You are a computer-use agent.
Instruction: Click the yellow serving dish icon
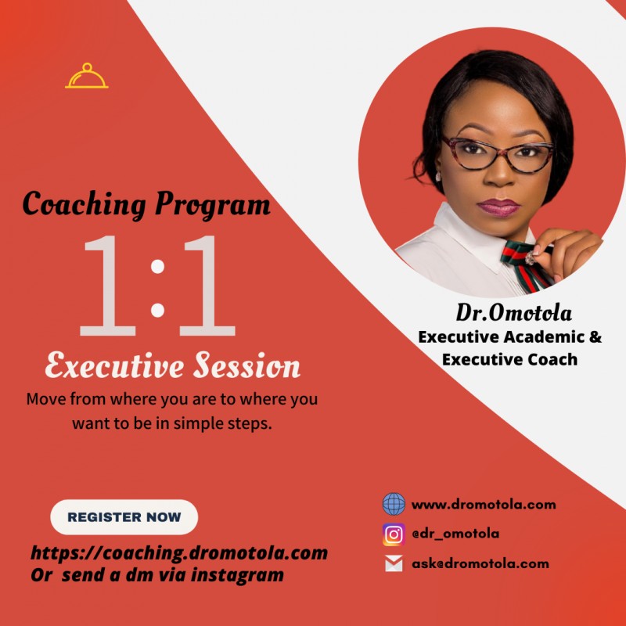click(87, 76)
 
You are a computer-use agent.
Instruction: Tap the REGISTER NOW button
click(124, 517)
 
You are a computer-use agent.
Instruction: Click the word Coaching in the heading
click(85, 204)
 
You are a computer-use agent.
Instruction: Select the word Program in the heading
click(213, 206)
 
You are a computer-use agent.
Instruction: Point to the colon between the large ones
click(157, 287)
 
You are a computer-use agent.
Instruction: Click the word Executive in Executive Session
click(114, 366)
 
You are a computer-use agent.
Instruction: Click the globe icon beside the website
click(394, 504)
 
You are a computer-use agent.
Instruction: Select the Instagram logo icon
click(394, 534)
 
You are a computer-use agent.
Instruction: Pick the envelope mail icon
click(394, 563)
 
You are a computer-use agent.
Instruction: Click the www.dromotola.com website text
click(484, 505)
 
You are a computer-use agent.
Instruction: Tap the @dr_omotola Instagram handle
click(455, 534)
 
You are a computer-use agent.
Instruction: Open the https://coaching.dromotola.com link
click(179, 553)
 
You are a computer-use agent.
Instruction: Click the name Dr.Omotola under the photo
click(514, 314)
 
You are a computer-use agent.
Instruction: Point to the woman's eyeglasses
click(497, 153)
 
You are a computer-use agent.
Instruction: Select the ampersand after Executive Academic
click(594, 337)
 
